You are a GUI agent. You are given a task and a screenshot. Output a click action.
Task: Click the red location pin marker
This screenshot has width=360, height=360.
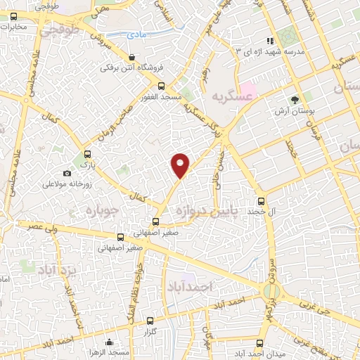tap(181, 165)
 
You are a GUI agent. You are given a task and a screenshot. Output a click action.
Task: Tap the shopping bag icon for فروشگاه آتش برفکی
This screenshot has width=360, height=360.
tap(132, 57)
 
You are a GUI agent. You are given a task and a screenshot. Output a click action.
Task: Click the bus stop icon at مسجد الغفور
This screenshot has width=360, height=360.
tap(162, 86)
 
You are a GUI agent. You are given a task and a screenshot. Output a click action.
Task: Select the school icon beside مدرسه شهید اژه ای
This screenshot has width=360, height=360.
tap(267, 41)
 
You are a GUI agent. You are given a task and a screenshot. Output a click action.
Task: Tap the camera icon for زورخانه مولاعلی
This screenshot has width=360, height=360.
tap(67, 173)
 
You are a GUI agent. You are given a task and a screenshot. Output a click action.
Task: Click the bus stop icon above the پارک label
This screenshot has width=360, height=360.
tap(87, 154)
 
